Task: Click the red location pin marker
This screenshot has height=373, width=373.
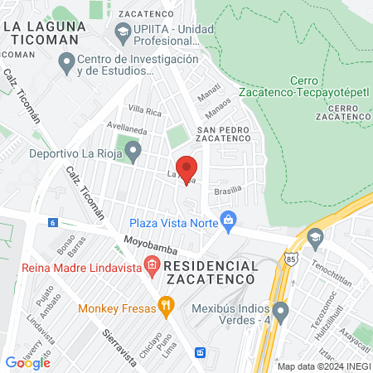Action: (187, 166)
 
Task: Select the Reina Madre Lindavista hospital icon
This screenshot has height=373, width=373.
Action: (152, 265)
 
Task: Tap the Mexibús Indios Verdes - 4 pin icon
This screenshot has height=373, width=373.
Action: (281, 313)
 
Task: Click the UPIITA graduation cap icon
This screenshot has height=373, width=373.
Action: (123, 33)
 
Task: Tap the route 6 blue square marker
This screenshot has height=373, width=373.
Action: (52, 222)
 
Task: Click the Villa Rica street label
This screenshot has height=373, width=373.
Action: (144, 111)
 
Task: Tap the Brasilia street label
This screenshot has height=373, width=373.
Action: (227, 190)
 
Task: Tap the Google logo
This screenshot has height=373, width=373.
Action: (28, 362)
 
